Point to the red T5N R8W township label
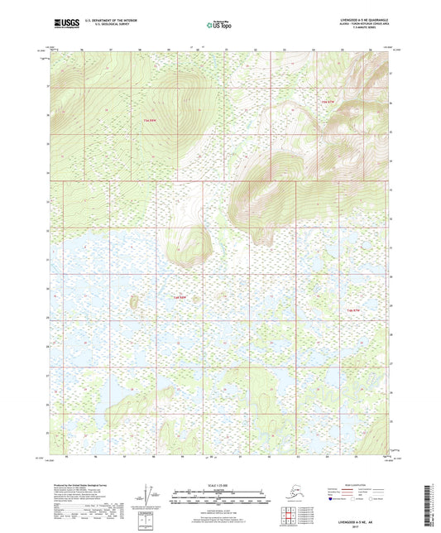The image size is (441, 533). point(150,121)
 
